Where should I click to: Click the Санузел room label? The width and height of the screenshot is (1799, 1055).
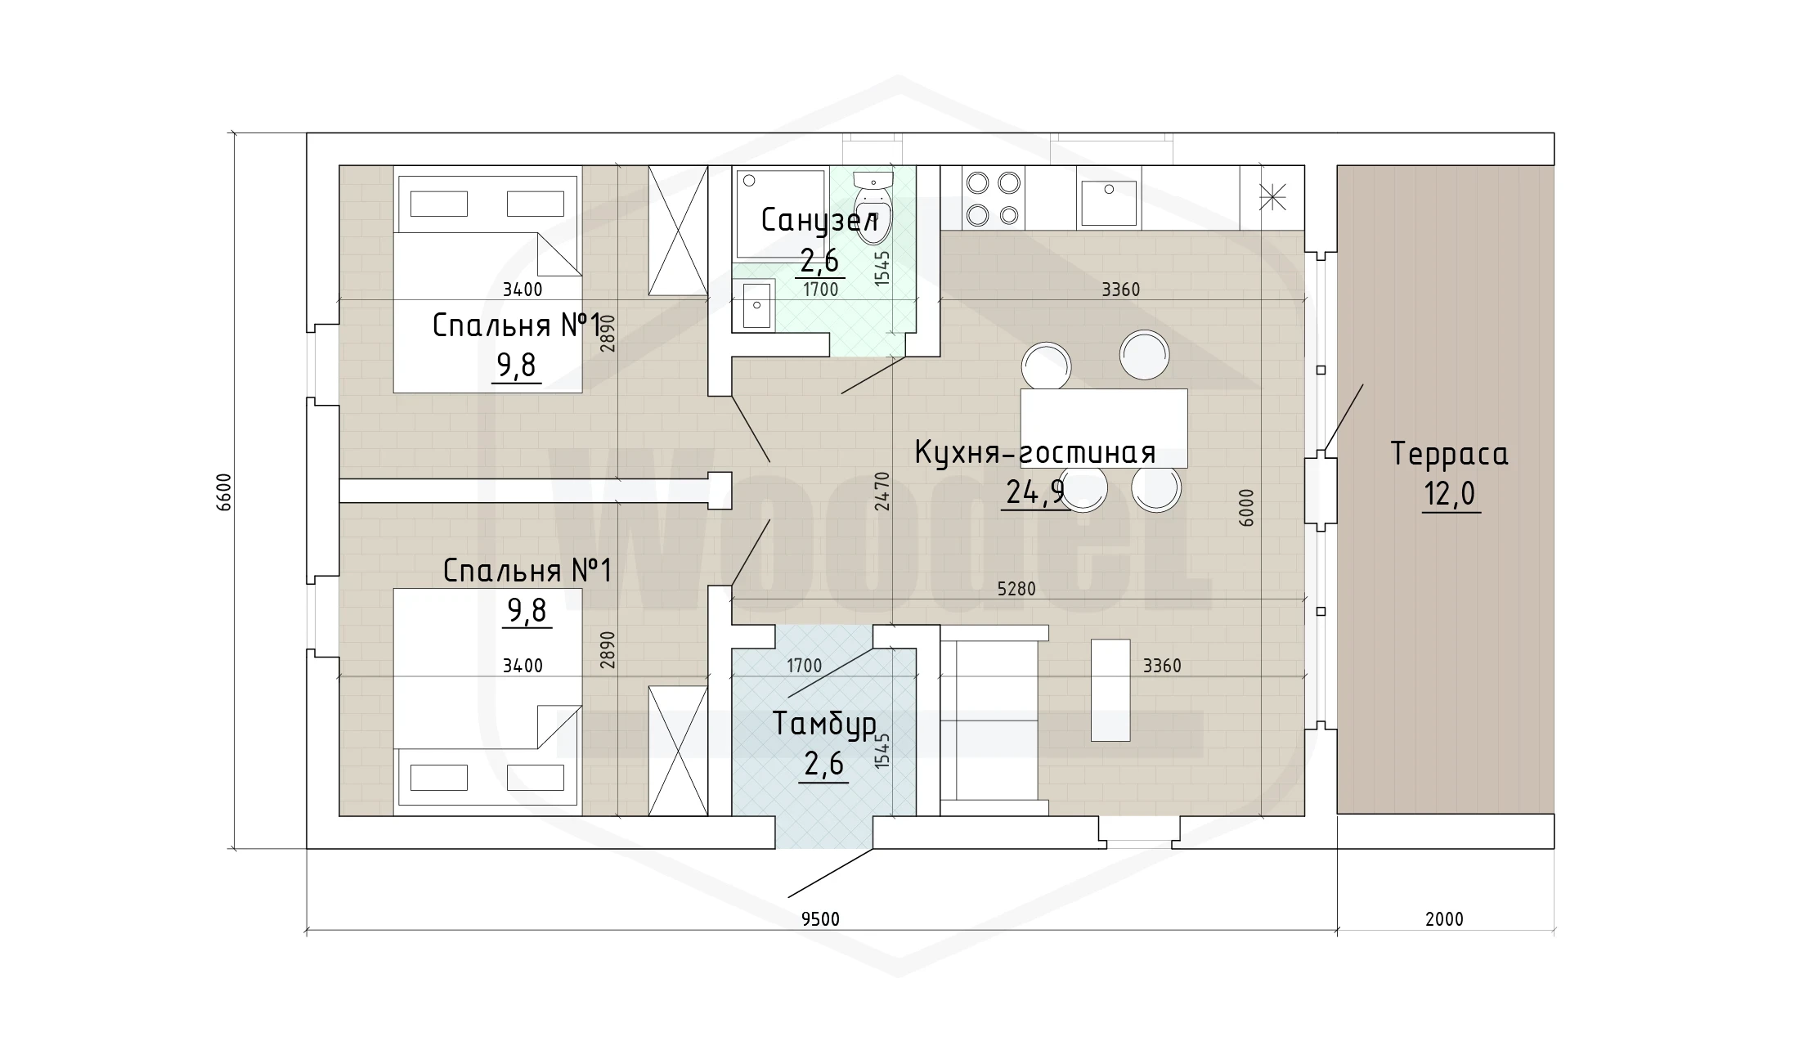[819, 221]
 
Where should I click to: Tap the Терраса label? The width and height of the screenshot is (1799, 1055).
[1449, 453]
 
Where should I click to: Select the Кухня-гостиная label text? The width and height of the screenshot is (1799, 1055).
[1034, 451]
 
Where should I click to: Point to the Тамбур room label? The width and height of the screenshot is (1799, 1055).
[824, 725]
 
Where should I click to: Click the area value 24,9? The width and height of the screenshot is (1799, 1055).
[1034, 492]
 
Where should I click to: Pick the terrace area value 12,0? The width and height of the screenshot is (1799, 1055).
[1450, 495]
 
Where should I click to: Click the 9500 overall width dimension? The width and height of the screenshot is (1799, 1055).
[820, 919]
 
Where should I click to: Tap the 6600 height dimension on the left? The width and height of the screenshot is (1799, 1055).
[225, 492]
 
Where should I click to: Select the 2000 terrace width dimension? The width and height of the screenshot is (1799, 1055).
[1444, 919]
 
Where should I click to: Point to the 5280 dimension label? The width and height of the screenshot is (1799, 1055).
[1016, 589]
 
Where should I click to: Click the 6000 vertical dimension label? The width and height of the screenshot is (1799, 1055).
[1245, 507]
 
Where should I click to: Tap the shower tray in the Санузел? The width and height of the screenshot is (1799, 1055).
[780, 213]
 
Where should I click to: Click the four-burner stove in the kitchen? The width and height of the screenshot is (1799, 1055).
[994, 198]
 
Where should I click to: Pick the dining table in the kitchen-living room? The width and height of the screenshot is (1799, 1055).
[1104, 428]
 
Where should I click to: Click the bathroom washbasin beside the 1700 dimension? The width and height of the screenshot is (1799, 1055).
[754, 304]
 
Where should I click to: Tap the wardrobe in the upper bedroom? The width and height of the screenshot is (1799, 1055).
[678, 231]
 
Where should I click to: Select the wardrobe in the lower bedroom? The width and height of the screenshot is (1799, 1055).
[678, 751]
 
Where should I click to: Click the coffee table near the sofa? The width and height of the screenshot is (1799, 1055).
[1110, 690]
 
